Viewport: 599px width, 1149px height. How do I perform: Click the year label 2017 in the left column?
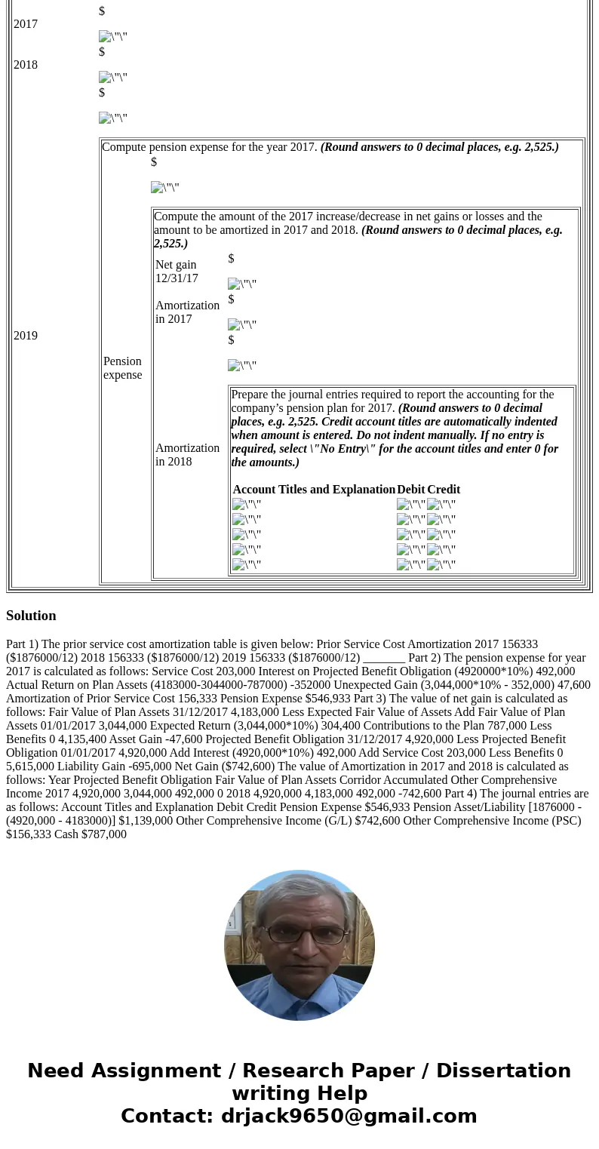point(26,24)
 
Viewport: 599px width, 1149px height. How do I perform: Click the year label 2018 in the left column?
point(26,65)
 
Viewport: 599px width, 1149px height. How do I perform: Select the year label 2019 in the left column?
point(26,336)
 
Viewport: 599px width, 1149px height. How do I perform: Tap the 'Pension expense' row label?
point(122,368)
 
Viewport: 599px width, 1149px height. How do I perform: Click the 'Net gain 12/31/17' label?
point(177,272)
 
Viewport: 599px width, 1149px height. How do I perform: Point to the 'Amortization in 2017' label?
point(187,312)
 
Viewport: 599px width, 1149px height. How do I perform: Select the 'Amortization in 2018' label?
point(187,455)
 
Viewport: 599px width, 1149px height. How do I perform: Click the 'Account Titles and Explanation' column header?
point(314,490)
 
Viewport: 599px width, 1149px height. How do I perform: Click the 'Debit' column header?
point(411,490)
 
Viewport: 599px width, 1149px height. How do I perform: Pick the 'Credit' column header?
point(444,490)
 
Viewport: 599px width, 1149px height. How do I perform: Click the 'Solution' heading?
point(31,616)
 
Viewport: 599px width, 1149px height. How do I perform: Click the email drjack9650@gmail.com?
point(349,1117)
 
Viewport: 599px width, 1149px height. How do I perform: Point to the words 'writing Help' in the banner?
point(299,1094)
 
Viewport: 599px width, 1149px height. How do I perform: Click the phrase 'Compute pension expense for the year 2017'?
point(210,147)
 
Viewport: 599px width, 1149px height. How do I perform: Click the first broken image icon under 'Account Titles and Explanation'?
point(246,505)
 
